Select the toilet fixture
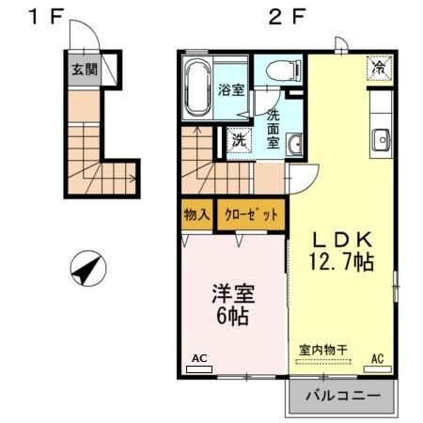tap(281, 70)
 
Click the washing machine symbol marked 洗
tap(239, 140)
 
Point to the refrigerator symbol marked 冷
tap(379, 69)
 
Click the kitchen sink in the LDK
tap(381, 140)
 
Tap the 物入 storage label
tap(196, 214)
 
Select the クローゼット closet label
tap(251, 214)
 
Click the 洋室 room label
tap(231, 292)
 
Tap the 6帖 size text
tap(231, 317)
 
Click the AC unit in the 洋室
tap(199, 369)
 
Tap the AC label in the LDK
tap(377, 358)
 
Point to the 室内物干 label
tap(323, 350)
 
